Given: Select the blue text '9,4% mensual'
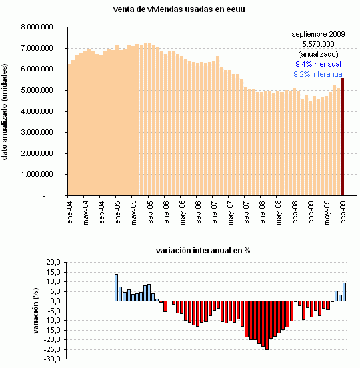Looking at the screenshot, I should [319, 64].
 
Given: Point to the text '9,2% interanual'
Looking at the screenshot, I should [319, 75].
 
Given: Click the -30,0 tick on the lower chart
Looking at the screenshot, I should [51, 359].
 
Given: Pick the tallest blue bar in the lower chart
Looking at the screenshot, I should [116, 287].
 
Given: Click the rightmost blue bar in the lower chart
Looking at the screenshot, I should [345, 292].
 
